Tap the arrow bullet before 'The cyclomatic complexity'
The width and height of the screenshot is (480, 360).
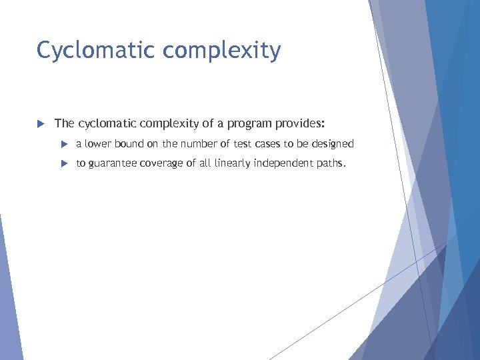40,123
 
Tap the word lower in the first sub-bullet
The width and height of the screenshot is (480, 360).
98,144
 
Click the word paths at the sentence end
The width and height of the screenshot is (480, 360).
331,163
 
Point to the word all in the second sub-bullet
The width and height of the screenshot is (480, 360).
205,163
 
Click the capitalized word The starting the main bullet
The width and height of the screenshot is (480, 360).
64,123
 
